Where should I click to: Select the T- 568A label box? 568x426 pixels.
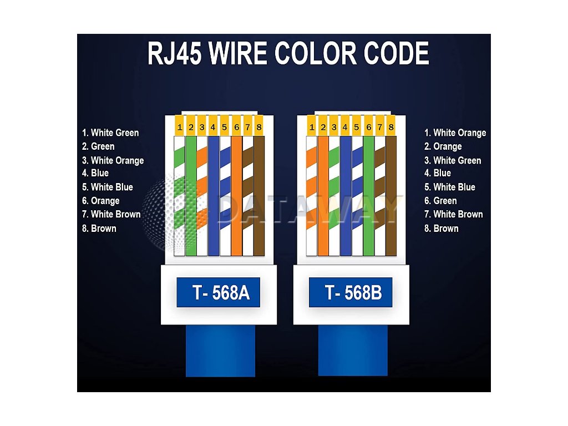(221, 292)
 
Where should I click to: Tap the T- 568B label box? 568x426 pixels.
(353, 292)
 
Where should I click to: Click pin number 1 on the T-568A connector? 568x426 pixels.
(180, 128)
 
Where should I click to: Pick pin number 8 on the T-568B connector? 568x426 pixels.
(391, 128)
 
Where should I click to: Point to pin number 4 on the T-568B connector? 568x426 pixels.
(345, 128)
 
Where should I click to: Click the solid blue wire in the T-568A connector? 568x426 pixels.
(214, 200)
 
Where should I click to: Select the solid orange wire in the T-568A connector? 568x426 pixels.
(236, 200)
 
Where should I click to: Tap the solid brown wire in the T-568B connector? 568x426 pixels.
(391, 200)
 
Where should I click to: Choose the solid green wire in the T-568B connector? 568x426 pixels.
(368, 200)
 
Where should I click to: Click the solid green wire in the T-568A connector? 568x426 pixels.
(191, 200)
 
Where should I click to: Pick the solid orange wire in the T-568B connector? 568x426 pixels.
(323, 200)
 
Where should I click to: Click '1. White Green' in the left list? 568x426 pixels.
(110, 133)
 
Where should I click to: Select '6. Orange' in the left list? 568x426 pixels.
(101, 201)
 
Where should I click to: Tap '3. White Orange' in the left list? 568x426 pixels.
(113, 160)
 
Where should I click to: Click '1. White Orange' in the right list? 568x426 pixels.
(455, 133)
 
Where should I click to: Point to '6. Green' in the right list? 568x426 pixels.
(441, 201)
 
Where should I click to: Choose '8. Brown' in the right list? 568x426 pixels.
(442, 228)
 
